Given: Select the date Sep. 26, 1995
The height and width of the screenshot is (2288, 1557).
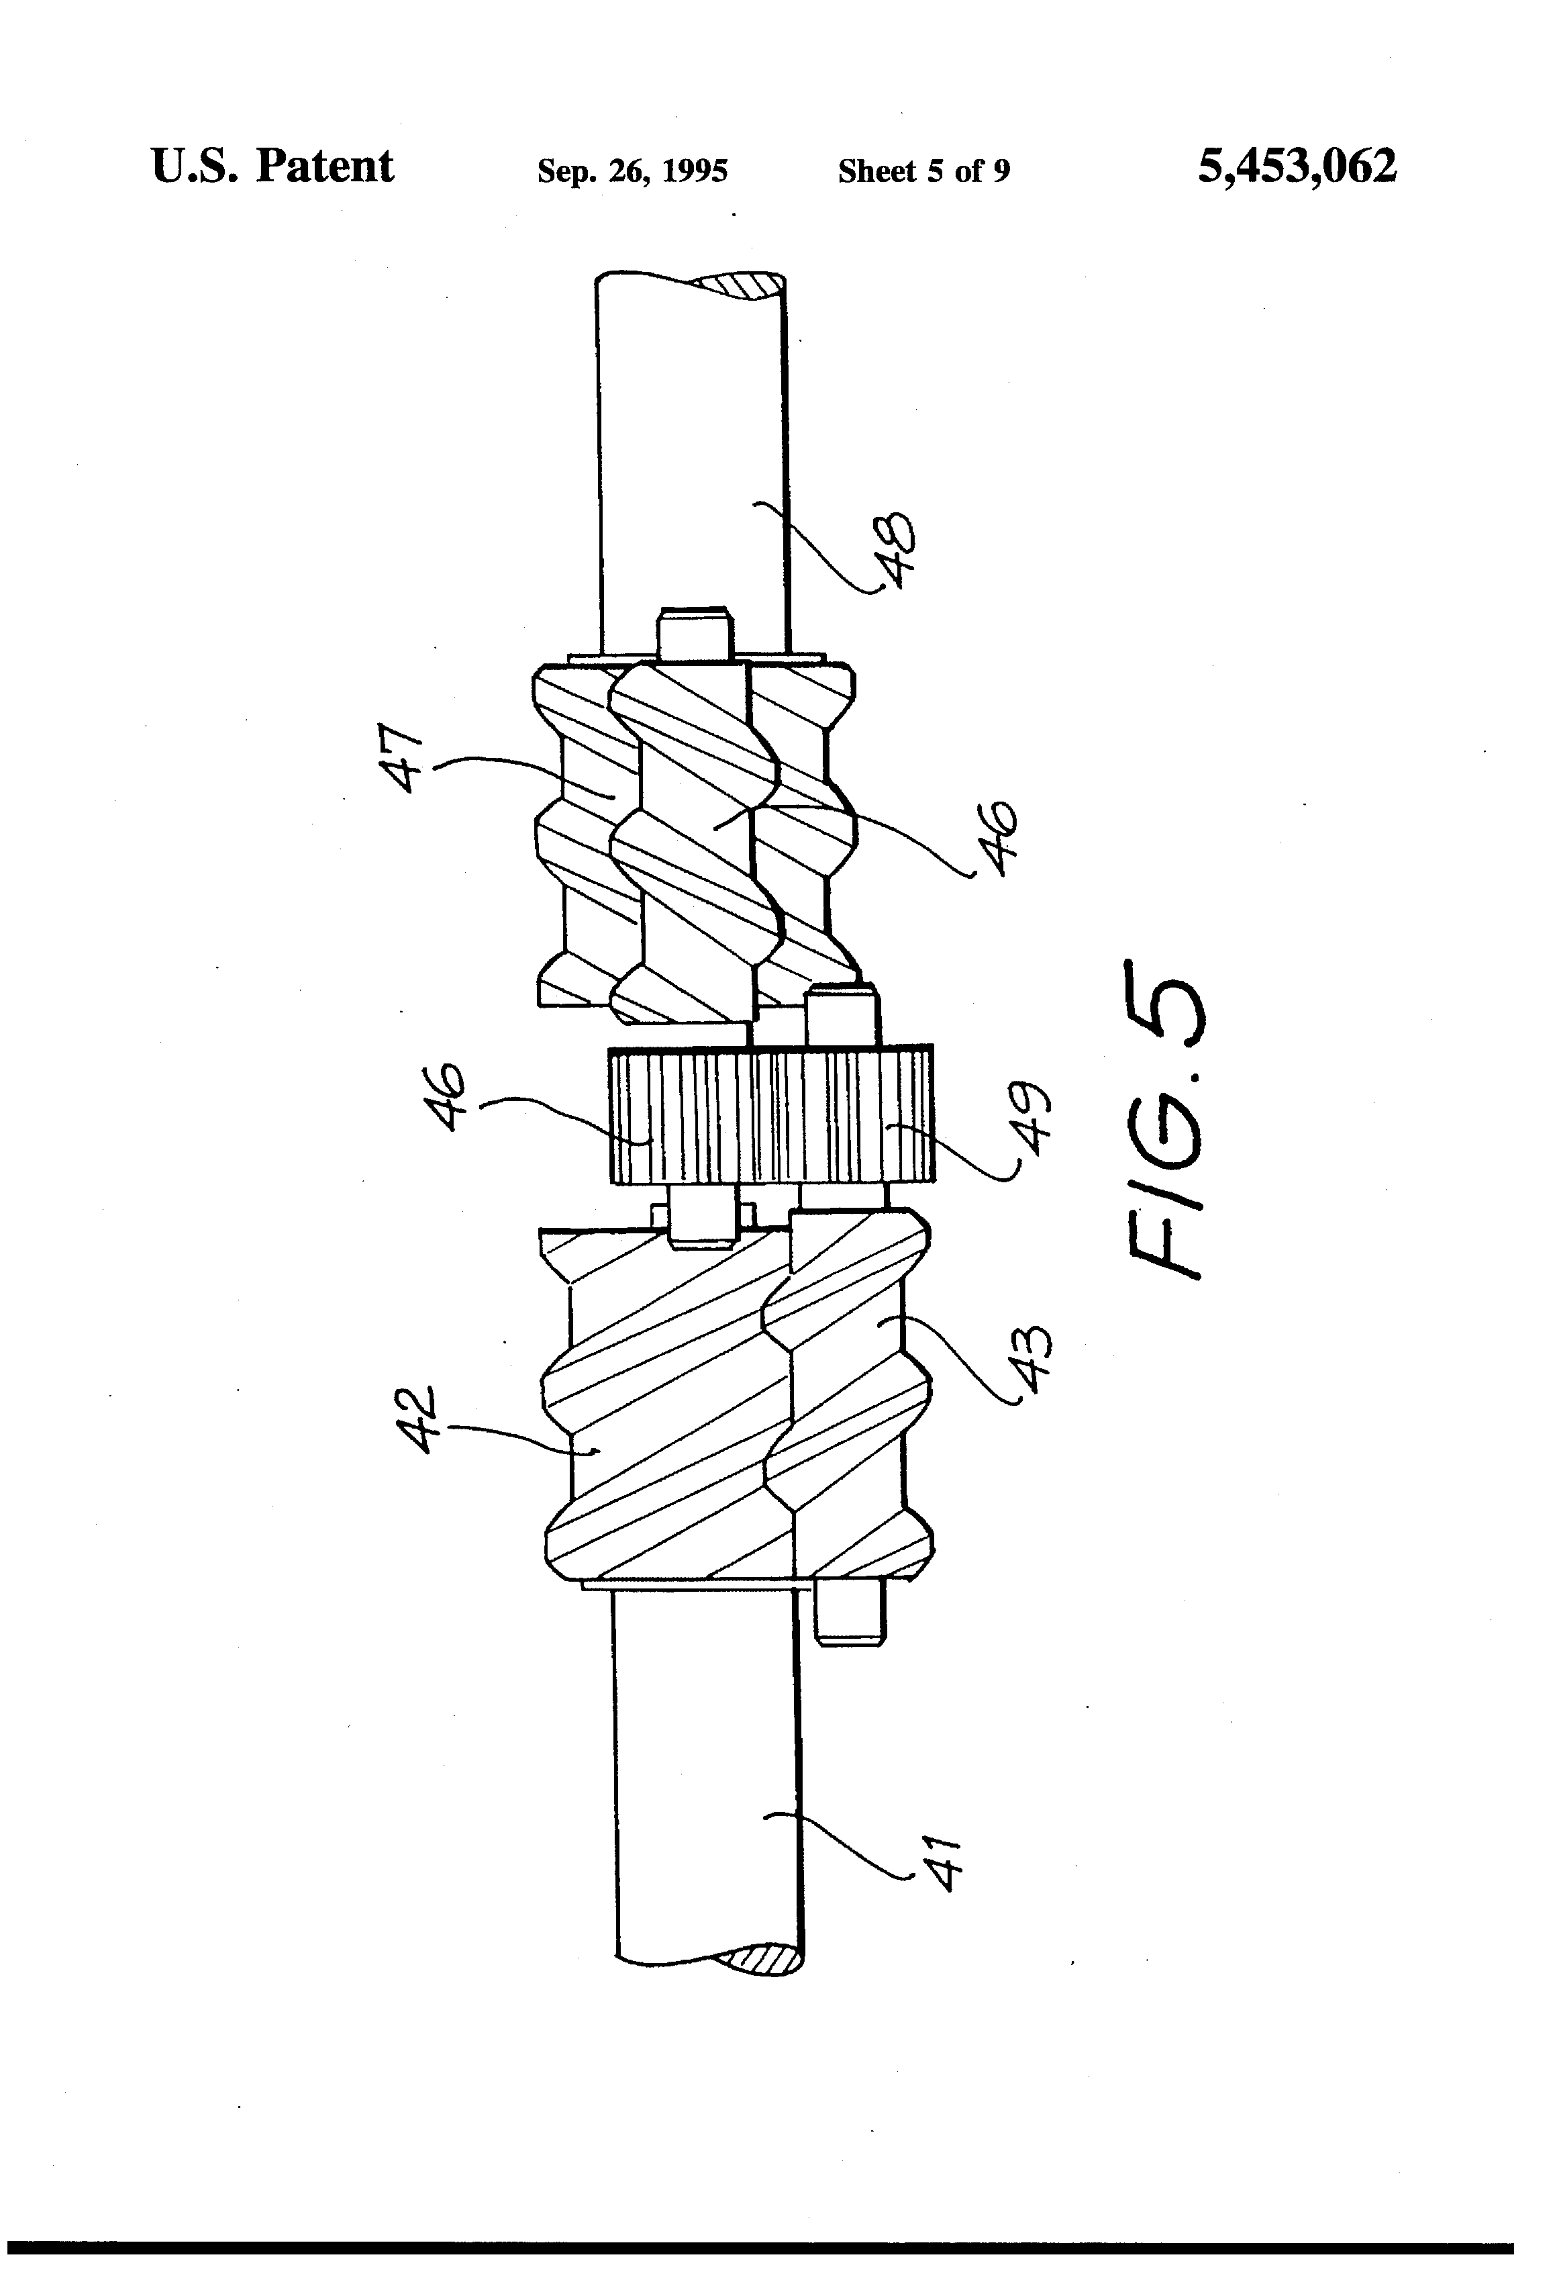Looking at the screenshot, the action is [632, 171].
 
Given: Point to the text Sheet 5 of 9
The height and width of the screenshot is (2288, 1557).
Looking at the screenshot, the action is [923, 171].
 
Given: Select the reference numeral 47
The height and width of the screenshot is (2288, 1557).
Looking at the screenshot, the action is [403, 759].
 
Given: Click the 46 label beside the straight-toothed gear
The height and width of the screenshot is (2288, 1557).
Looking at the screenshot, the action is [449, 1096].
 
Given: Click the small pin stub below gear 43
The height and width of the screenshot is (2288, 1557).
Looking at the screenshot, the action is [850, 1615].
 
